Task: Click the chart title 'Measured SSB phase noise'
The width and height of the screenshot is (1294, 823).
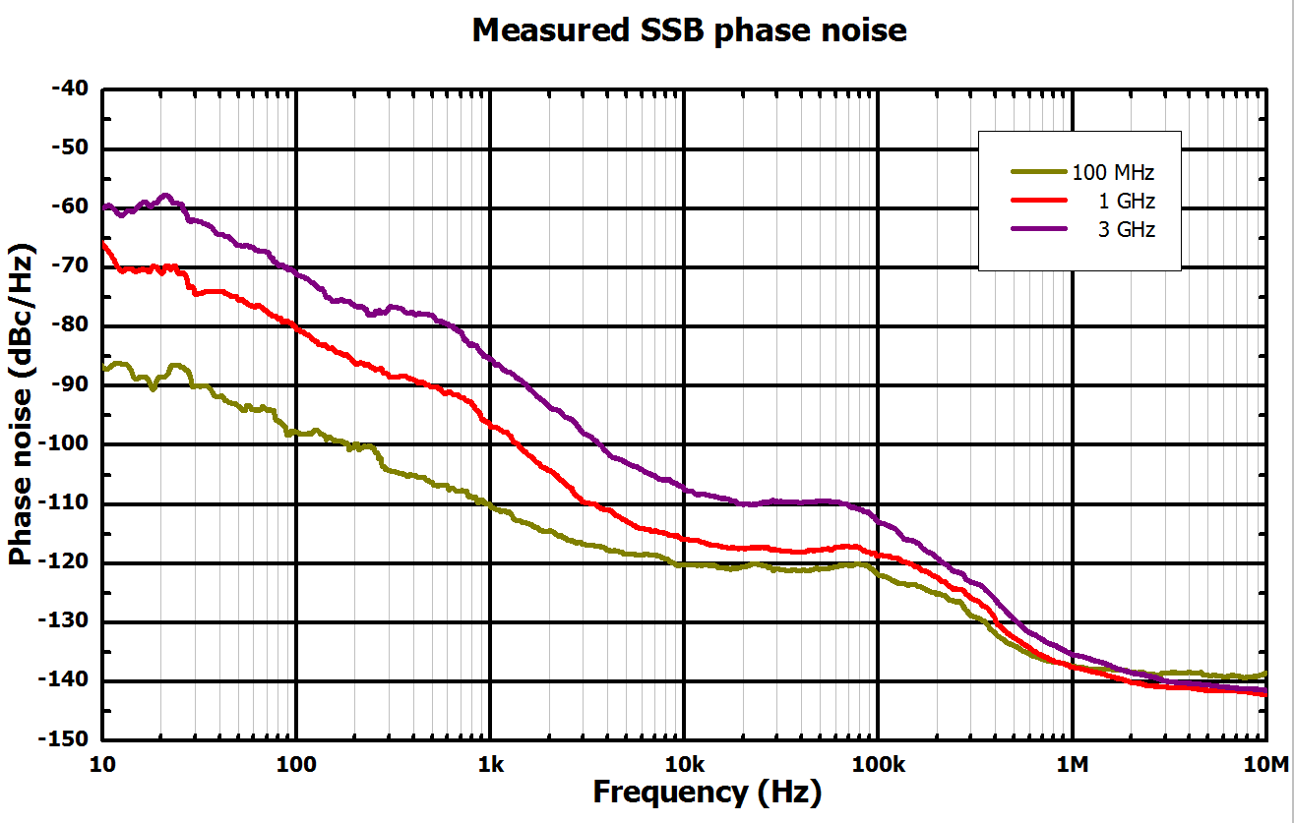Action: tap(689, 30)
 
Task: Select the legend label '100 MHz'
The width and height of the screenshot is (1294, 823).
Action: tap(1113, 173)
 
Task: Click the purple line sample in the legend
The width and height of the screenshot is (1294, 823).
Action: tap(1039, 228)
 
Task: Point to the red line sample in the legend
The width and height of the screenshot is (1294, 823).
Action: tap(1039, 200)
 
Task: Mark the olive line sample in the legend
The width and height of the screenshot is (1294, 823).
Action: tap(1039, 171)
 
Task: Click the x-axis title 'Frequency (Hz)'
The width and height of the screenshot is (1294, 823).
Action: tap(707, 792)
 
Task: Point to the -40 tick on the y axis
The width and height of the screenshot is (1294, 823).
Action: tap(68, 89)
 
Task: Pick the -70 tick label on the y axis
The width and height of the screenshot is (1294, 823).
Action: tap(68, 266)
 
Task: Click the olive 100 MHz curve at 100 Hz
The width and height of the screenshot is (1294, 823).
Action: tap(296, 432)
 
